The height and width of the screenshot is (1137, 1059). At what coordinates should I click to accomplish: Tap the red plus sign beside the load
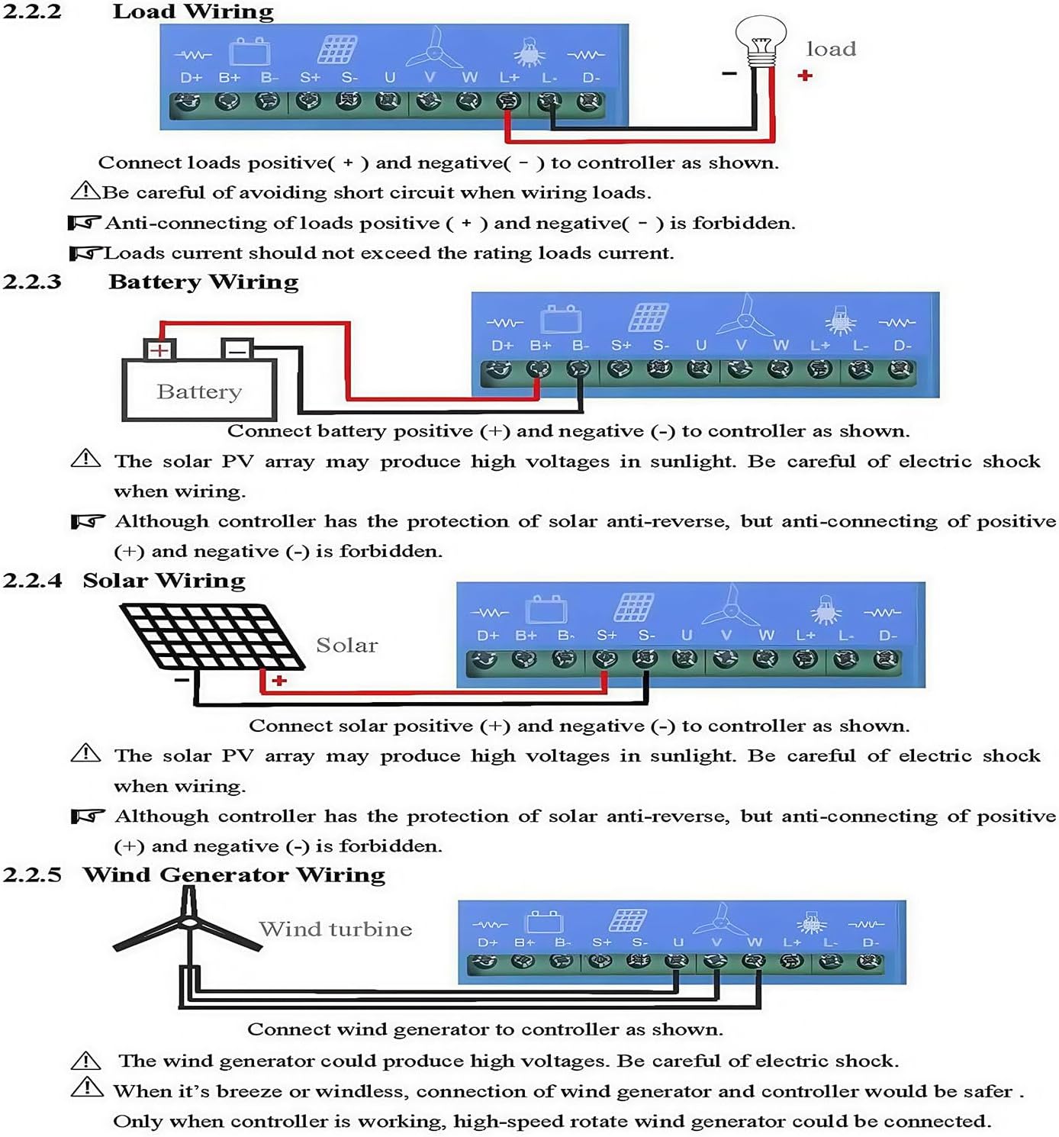(x=805, y=76)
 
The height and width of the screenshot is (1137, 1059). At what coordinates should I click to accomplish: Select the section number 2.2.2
(x=31, y=11)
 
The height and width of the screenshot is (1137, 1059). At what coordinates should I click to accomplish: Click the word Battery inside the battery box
(x=199, y=391)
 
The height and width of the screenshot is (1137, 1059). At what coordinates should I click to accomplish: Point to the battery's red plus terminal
(x=159, y=350)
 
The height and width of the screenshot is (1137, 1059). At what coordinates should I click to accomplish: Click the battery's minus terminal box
(x=237, y=350)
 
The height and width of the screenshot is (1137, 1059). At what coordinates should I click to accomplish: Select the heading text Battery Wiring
(x=203, y=282)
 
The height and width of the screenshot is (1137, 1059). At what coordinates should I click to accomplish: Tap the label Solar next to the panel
(x=347, y=646)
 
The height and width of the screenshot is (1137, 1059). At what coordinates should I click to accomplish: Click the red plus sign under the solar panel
(x=279, y=680)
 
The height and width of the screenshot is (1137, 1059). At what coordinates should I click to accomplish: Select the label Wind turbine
(x=336, y=929)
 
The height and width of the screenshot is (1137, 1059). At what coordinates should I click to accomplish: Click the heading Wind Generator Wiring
(x=234, y=874)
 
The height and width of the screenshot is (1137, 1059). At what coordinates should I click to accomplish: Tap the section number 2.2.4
(x=32, y=581)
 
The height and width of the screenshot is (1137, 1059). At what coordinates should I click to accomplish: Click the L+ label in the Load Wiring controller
(x=509, y=78)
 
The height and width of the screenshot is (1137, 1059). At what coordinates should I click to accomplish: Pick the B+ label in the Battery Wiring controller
(x=540, y=346)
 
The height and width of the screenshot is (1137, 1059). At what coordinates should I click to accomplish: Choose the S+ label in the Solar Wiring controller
(x=607, y=636)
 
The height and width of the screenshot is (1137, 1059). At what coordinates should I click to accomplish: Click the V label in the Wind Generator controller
(x=716, y=942)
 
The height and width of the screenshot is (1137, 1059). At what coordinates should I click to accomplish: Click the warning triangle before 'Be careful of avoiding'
(x=85, y=191)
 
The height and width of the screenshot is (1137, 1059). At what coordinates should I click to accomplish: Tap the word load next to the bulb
(x=831, y=50)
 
